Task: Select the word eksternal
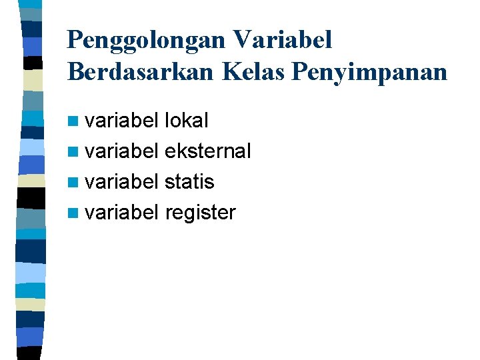click(207, 151)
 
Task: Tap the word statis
click(189, 182)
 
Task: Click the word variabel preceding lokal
click(121, 121)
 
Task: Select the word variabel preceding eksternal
click(121, 151)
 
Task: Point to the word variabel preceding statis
click(121, 182)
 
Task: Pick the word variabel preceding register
click(121, 213)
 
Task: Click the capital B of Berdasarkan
click(75, 72)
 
